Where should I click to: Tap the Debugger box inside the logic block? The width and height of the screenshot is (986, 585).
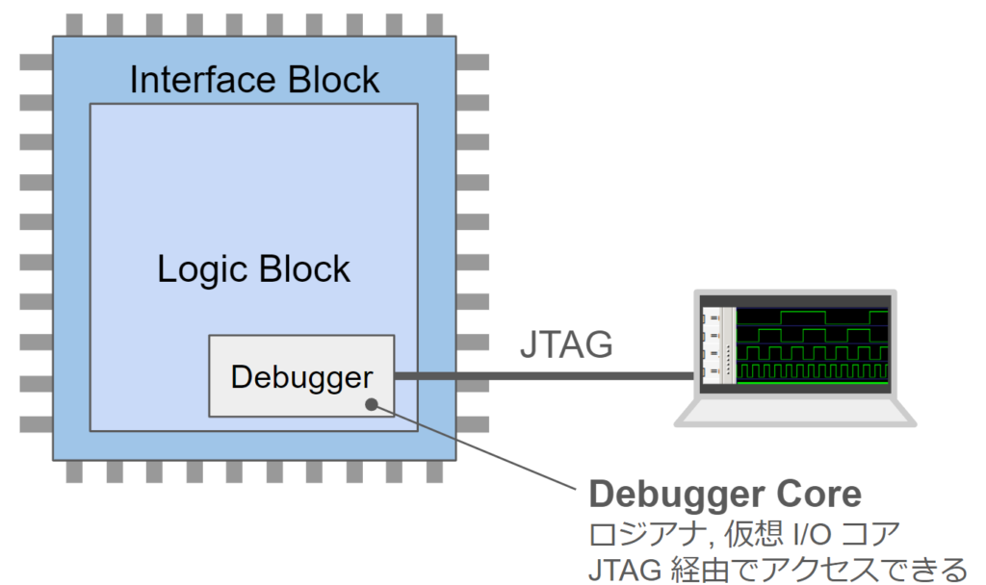(301, 376)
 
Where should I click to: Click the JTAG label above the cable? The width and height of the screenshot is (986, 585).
(566, 344)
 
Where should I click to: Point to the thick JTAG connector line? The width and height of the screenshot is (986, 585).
(545, 376)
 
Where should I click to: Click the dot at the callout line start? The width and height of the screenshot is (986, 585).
(372, 405)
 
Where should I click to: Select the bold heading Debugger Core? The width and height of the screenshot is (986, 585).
(724, 494)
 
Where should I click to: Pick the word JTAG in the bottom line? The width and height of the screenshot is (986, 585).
(624, 570)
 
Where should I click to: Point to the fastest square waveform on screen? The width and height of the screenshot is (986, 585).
(813, 371)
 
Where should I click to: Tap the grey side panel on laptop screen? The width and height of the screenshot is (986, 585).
(718, 345)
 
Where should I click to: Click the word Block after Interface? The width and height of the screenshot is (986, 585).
(333, 80)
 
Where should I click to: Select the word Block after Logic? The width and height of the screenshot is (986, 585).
(303, 269)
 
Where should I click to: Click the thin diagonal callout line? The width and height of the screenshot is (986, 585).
(474, 446)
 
